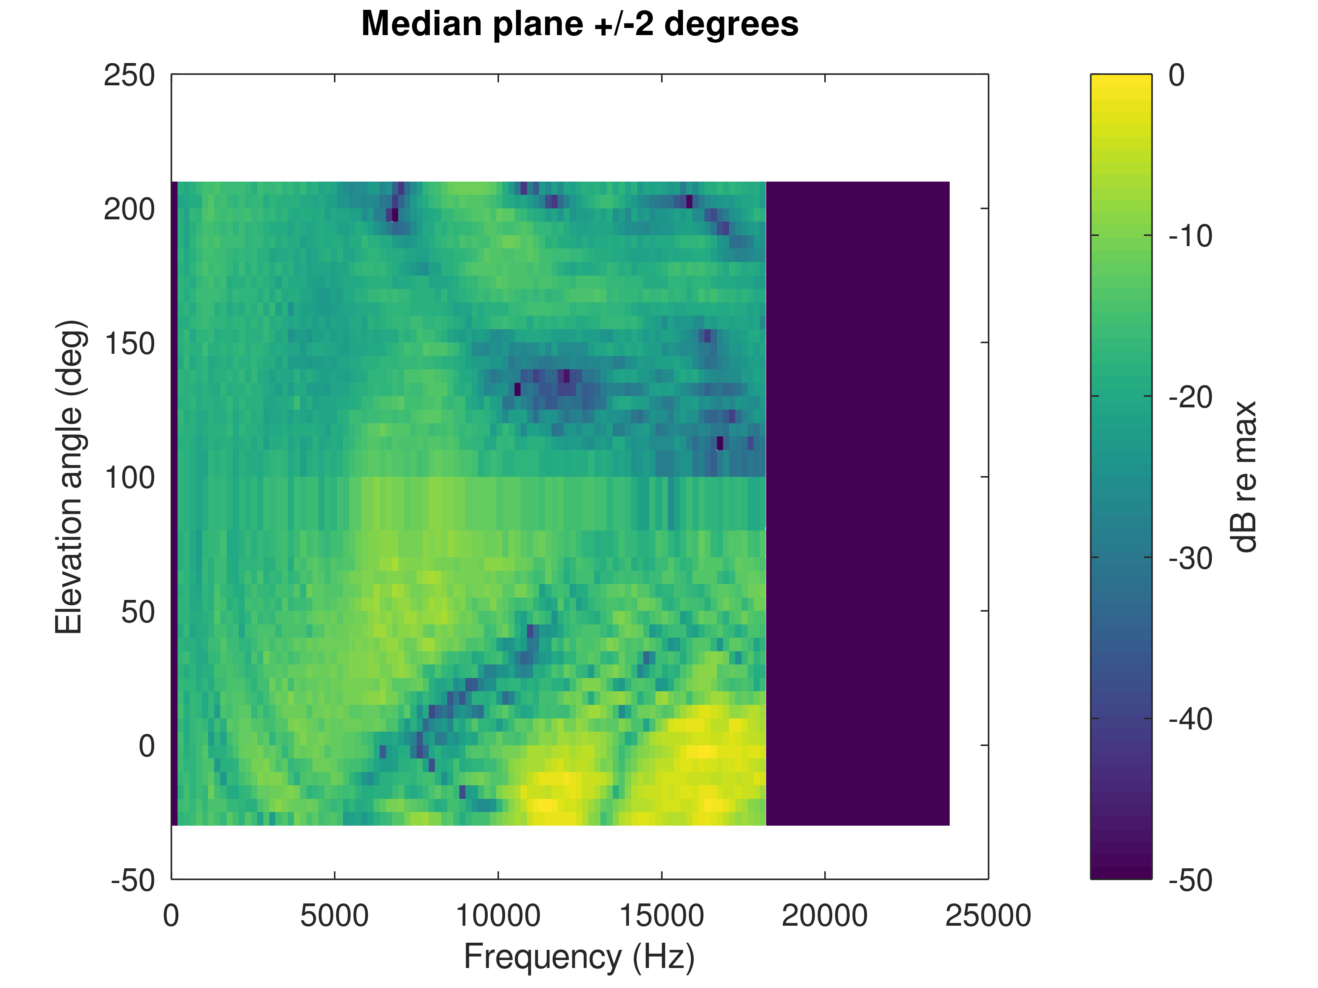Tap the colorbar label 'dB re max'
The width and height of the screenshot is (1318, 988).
pyautogui.click(x=1244, y=476)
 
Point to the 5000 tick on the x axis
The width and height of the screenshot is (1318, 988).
pyautogui.click(x=334, y=916)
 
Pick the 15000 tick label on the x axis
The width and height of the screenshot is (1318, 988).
pyautogui.click(x=661, y=916)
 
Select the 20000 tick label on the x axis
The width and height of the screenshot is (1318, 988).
pyautogui.click(x=825, y=916)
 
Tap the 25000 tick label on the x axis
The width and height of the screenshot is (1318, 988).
pyautogui.click(x=988, y=916)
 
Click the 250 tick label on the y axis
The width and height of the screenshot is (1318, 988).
pyautogui.click(x=129, y=76)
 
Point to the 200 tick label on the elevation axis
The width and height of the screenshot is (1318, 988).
pyautogui.click(x=129, y=210)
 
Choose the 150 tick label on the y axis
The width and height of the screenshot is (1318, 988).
pyautogui.click(x=129, y=344)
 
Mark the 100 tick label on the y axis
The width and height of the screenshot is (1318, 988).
pyautogui.click(x=129, y=478)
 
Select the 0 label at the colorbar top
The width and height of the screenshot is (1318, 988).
pyautogui.click(x=1176, y=76)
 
